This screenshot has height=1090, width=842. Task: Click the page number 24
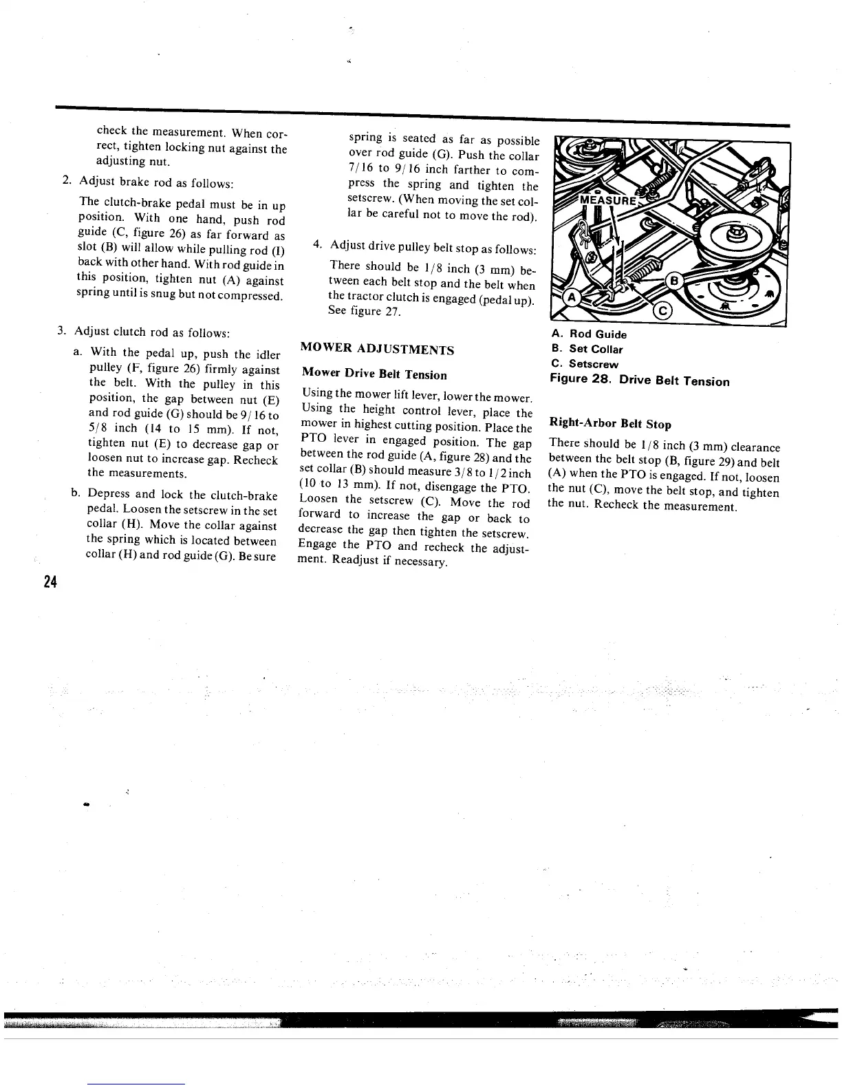pyautogui.click(x=49, y=582)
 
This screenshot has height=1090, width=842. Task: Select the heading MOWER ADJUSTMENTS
pyautogui.click(x=378, y=350)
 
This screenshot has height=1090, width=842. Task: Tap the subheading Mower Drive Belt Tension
pyautogui.click(x=374, y=375)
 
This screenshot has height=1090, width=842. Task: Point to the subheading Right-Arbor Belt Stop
pyautogui.click(x=610, y=424)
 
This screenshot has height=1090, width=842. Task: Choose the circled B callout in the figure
pyautogui.click(x=675, y=281)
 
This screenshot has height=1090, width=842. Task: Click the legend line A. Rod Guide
pyautogui.click(x=589, y=334)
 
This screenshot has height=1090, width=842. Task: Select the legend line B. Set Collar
pyautogui.click(x=587, y=349)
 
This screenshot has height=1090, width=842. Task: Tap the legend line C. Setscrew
pyautogui.click(x=585, y=364)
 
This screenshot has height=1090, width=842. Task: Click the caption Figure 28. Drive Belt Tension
pyautogui.click(x=640, y=381)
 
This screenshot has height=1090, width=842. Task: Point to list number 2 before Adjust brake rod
pyautogui.click(x=66, y=180)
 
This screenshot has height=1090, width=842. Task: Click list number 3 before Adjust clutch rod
pyautogui.click(x=61, y=332)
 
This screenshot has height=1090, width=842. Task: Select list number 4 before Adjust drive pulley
pyautogui.click(x=317, y=244)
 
